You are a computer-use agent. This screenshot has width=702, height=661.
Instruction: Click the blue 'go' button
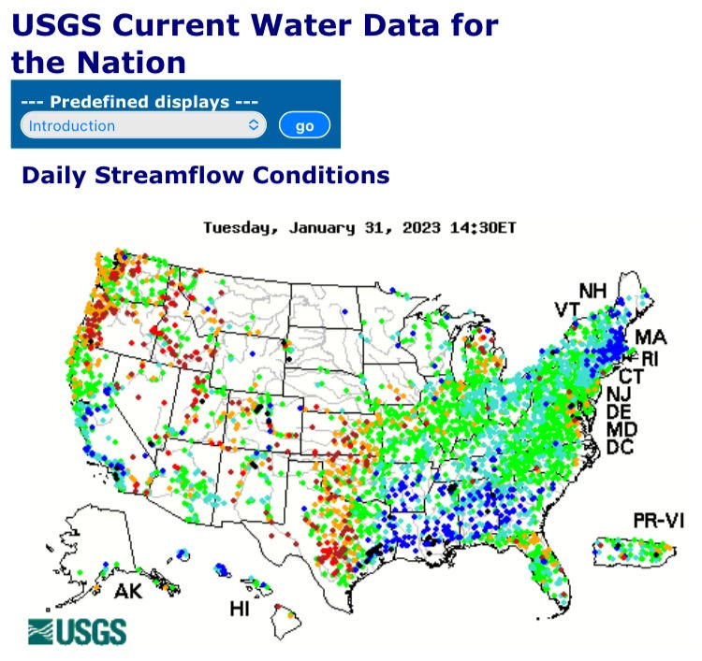(x=304, y=126)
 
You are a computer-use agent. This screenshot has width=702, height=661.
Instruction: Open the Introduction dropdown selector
(x=143, y=125)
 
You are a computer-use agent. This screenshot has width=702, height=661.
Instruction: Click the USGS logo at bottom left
(x=77, y=631)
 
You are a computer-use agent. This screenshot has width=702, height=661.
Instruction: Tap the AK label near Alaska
(x=128, y=592)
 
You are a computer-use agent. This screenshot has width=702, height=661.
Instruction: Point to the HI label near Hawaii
(x=240, y=610)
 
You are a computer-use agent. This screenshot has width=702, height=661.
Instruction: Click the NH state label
(x=592, y=291)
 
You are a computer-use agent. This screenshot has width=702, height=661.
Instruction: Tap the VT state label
(x=566, y=309)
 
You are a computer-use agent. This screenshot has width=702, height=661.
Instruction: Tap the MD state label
(x=622, y=430)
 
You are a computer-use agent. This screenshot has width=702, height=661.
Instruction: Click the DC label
(x=620, y=448)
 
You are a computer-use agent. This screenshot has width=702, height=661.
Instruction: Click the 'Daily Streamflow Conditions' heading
(x=205, y=175)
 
